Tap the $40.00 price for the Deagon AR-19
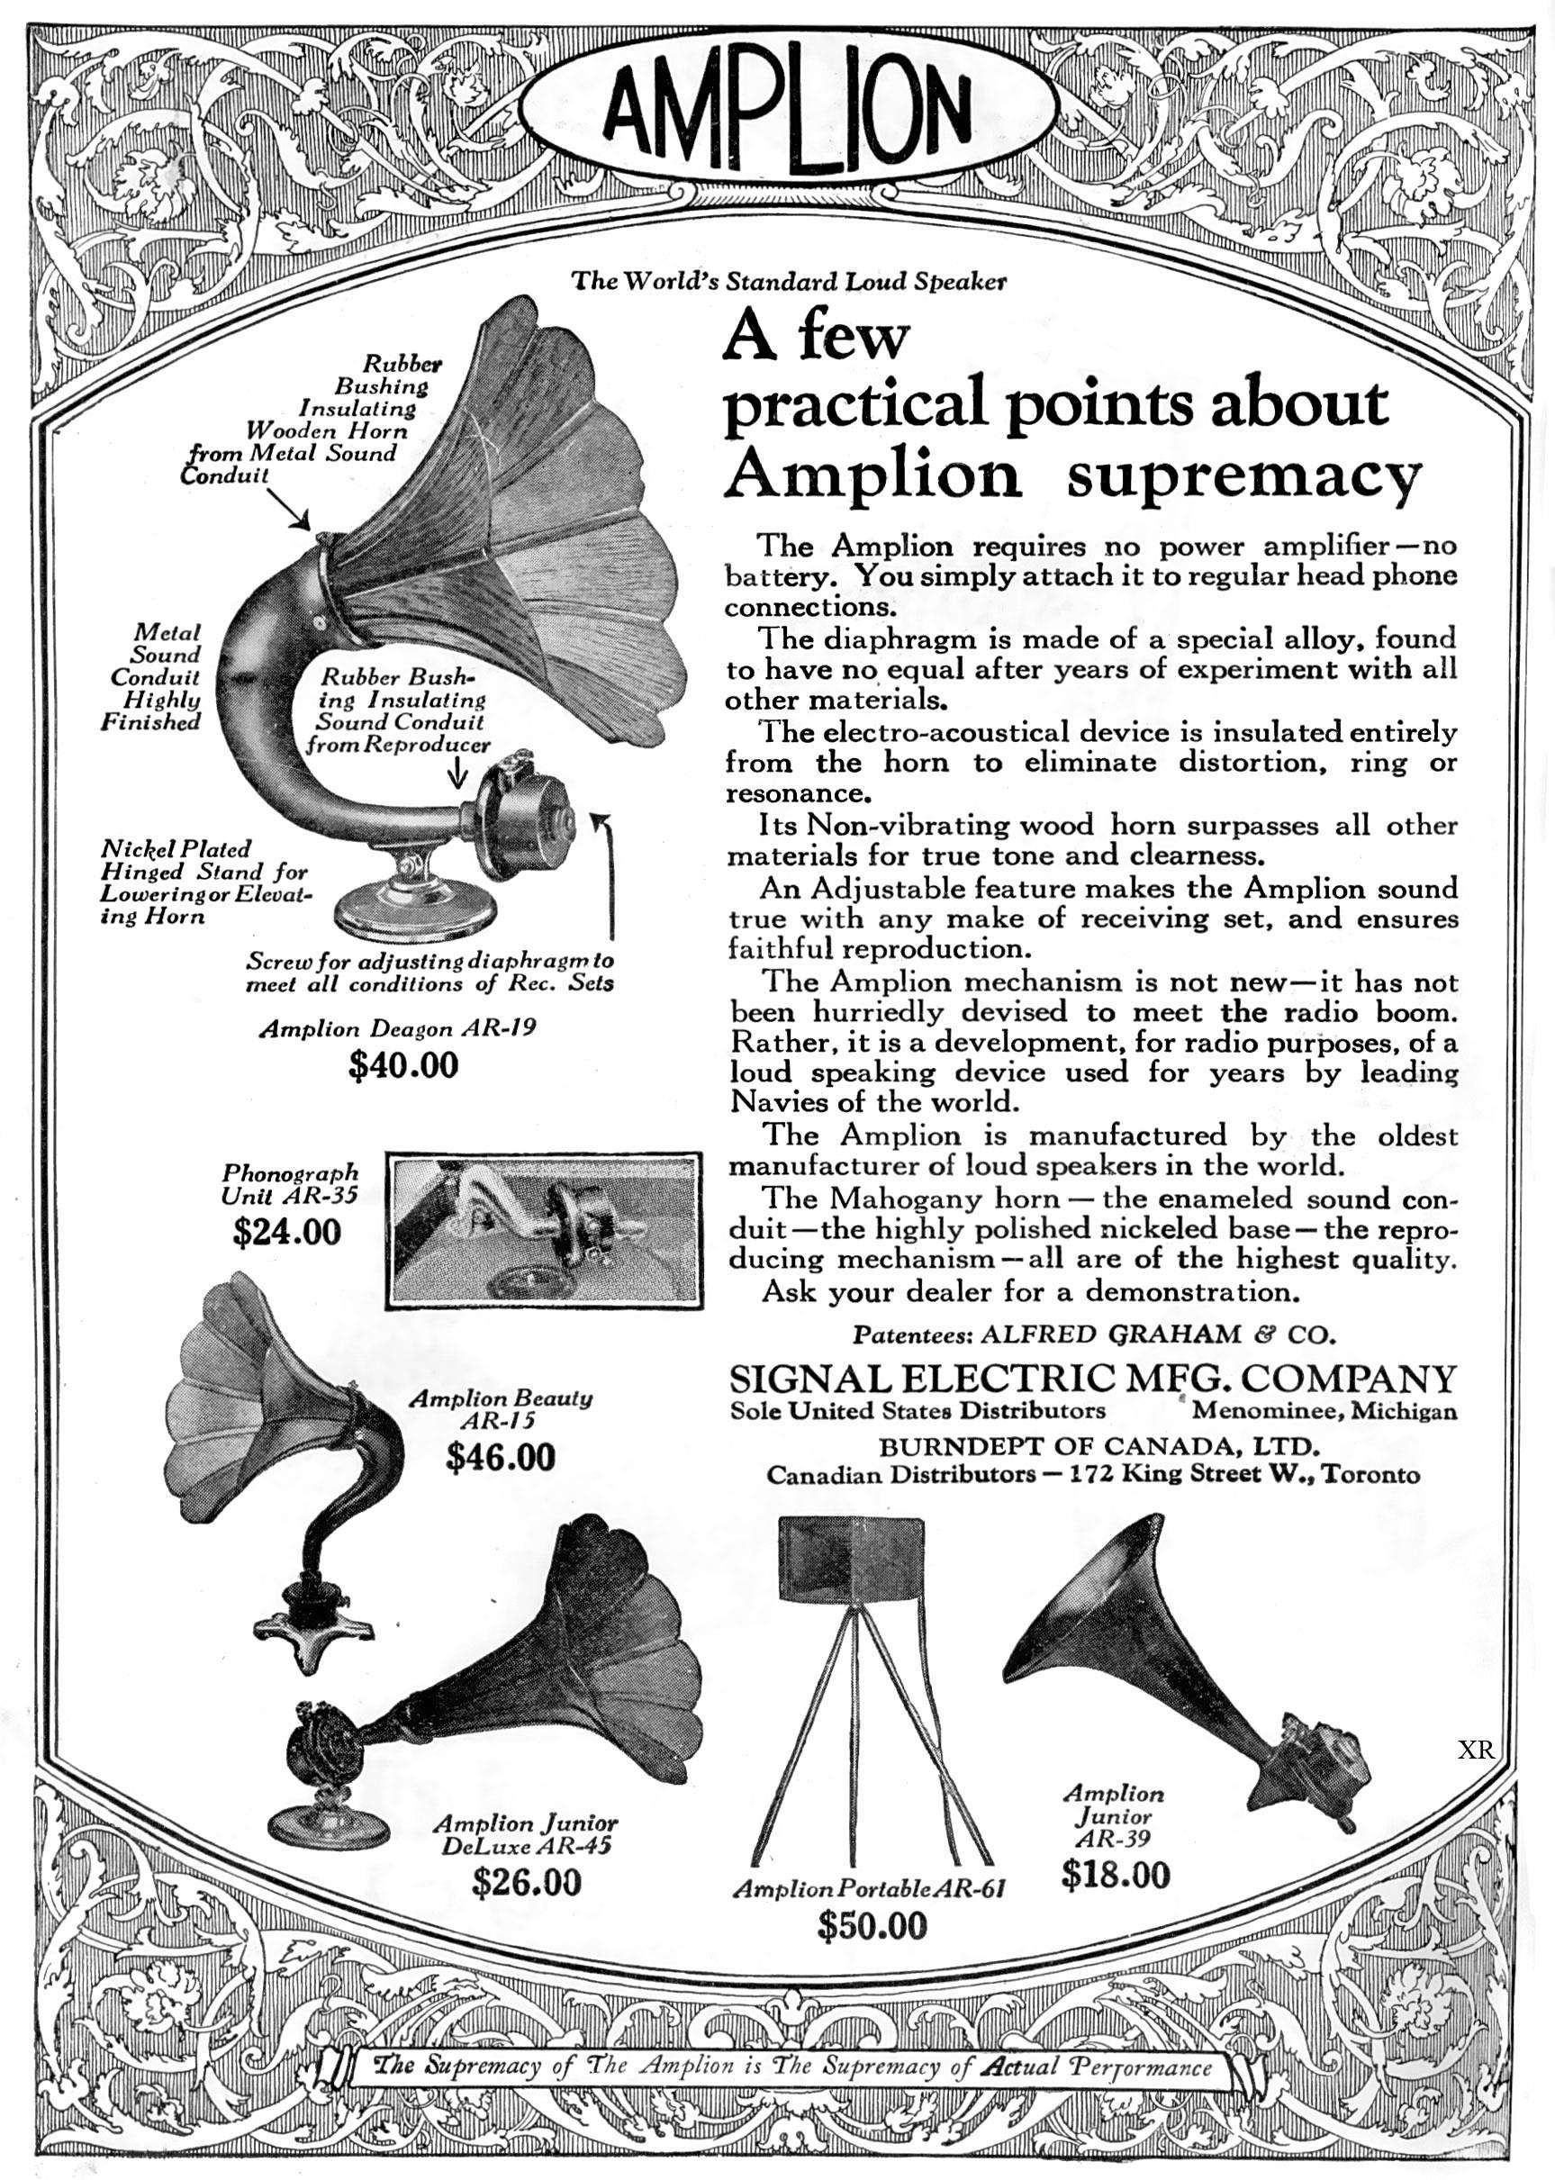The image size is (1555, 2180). coord(403,1064)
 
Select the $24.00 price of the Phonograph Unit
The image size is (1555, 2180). coord(286,1231)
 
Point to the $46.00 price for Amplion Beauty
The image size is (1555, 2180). coord(500,1457)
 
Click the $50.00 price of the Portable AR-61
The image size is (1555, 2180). coord(872,1924)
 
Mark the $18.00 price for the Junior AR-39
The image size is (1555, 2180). coord(1116,1875)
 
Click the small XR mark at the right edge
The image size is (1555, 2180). coord(1476,1751)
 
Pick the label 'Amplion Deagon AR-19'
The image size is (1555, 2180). coord(397,1029)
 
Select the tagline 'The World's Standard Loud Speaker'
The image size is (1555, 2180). coord(789,282)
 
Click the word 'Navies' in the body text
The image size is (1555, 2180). coord(780,1101)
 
